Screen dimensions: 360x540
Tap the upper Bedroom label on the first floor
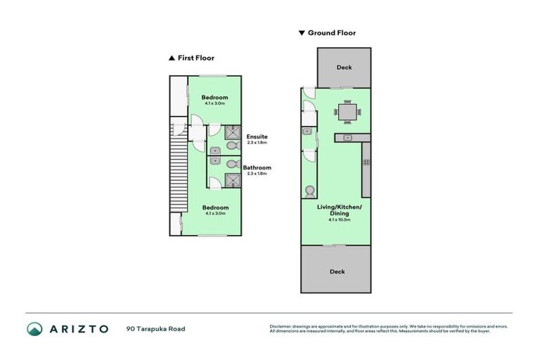tap(214, 97)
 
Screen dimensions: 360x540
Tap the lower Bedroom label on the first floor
tap(214, 207)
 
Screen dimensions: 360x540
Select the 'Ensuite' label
tap(257, 136)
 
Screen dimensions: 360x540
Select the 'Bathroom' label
tap(257, 167)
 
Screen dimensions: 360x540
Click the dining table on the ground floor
tap(347, 111)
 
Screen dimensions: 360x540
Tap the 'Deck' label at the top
tap(343, 67)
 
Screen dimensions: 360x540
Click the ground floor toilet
tap(309, 191)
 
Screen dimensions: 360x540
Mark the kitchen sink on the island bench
tap(347, 137)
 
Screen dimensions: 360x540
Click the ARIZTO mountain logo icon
tap(35, 328)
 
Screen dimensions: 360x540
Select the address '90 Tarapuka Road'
tap(155, 328)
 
